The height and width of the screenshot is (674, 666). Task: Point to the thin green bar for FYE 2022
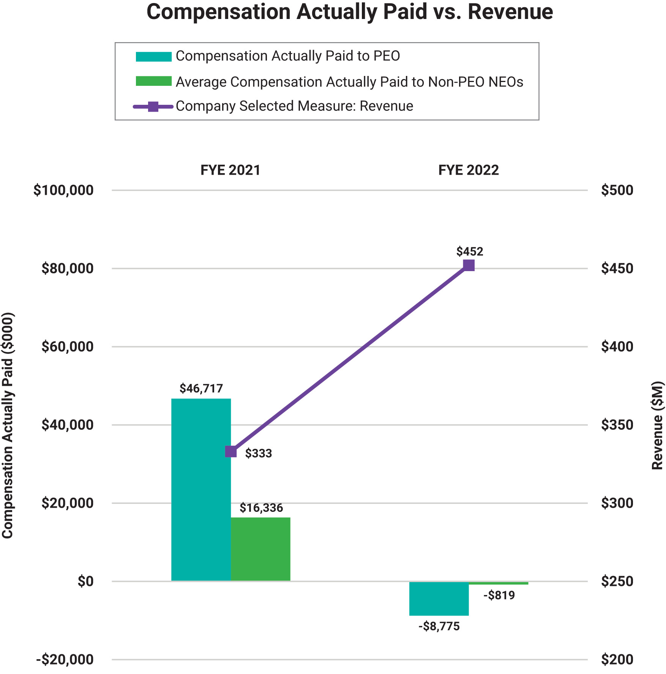click(498, 583)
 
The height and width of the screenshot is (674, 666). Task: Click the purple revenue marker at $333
click(231, 452)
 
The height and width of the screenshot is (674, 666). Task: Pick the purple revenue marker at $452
click(469, 265)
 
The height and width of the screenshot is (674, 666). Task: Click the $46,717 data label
click(201, 388)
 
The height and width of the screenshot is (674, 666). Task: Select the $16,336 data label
click(261, 508)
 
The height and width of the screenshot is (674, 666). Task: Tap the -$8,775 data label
click(439, 626)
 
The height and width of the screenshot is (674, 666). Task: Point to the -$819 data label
click(499, 595)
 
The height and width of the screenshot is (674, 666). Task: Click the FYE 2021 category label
click(230, 170)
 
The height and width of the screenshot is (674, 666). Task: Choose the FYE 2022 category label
click(469, 170)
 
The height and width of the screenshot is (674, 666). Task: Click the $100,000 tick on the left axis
click(63, 190)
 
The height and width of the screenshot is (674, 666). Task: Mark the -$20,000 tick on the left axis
click(65, 660)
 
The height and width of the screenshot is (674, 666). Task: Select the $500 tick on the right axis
click(617, 190)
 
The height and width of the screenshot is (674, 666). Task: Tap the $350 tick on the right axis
click(617, 425)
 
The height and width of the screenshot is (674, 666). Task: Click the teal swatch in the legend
click(154, 57)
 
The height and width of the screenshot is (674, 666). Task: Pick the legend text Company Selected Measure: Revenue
click(294, 106)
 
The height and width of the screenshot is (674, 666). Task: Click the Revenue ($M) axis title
click(657, 425)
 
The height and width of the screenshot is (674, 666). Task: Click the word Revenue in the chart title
click(510, 12)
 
